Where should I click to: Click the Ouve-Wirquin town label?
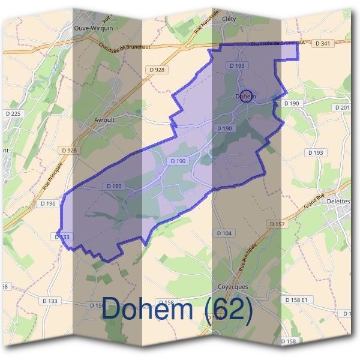(93, 28)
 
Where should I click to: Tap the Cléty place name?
(229, 19)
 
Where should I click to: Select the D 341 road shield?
(323, 43)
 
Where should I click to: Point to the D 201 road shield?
(343, 107)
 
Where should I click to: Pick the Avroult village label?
(104, 119)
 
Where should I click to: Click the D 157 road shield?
(277, 223)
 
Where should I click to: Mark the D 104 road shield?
(223, 233)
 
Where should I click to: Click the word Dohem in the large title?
(151, 310)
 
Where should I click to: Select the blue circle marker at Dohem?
(245, 96)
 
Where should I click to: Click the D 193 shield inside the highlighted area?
(236, 65)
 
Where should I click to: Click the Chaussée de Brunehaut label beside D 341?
(275, 43)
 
